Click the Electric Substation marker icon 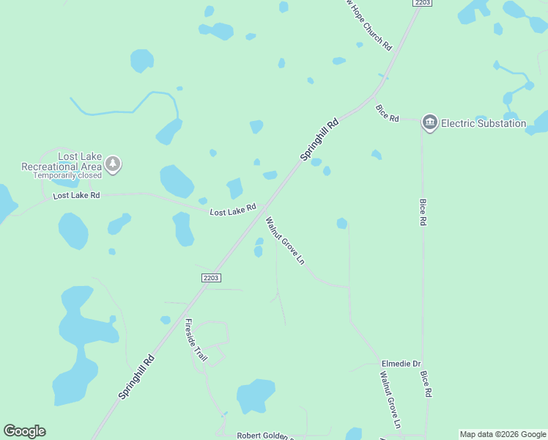[430, 122]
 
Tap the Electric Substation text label [483, 123]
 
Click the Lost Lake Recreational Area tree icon [113, 164]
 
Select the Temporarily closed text [67, 176]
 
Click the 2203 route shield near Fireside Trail [211, 277]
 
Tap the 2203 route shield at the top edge [422, 3]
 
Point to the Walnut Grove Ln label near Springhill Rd [284, 241]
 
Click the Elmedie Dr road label [401, 364]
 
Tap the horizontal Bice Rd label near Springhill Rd [388, 114]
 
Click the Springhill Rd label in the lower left [137, 378]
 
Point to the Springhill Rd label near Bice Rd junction [320, 140]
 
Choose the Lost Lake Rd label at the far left [76, 197]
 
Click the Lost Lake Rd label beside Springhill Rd [232, 211]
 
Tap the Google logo [24, 431]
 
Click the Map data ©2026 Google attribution [503, 434]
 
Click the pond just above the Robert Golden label [255, 395]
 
